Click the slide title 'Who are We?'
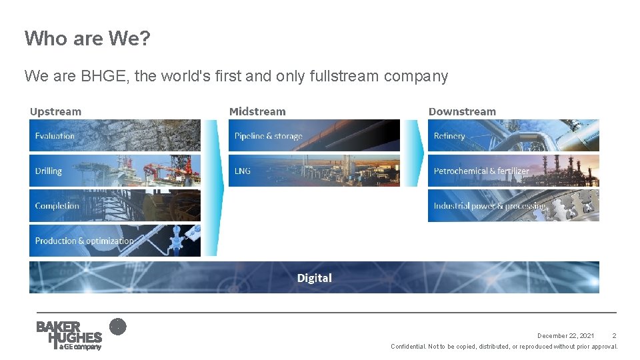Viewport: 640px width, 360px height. click(87, 39)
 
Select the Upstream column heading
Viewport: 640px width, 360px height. click(55, 111)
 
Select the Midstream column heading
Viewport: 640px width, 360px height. click(257, 111)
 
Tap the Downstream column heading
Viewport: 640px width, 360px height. click(462, 111)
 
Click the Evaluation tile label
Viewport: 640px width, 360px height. click(55, 136)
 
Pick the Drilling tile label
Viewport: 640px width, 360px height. click(49, 171)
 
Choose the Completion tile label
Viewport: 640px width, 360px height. click(57, 206)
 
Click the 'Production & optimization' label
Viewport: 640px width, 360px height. click(84, 241)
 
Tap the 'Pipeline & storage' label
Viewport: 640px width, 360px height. click(268, 136)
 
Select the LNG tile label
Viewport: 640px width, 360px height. click(243, 171)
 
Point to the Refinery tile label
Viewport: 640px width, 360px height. click(449, 136)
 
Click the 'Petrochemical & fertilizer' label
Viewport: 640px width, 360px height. click(481, 171)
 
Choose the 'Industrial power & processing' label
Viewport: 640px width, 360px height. click(489, 206)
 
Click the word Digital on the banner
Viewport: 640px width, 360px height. click(314, 278)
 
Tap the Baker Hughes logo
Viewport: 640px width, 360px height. click(69, 335)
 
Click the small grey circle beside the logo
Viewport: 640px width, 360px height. click(117, 327)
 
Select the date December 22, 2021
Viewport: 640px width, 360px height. click(566, 336)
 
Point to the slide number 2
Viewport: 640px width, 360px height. click(614, 336)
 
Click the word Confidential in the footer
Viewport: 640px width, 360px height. click(407, 347)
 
